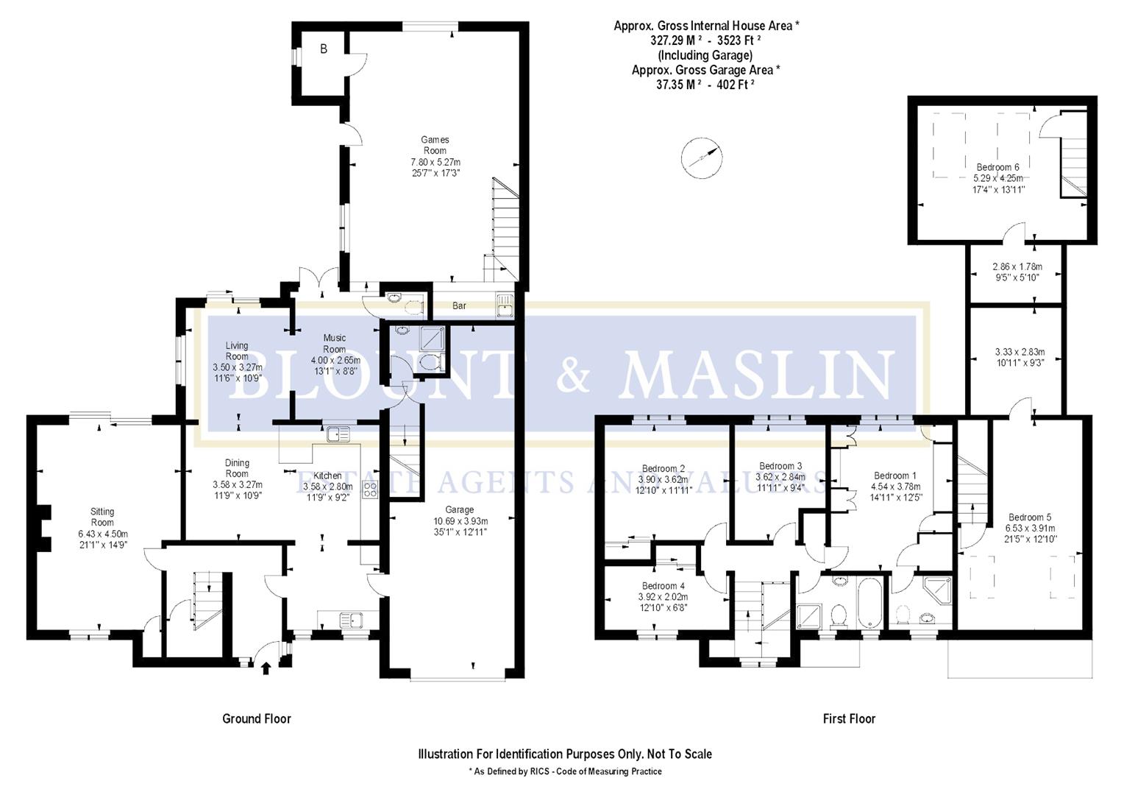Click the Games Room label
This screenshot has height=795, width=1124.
pos(435,145)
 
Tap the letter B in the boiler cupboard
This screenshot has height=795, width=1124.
pos(323,49)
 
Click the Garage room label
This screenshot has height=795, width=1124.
pos(459,509)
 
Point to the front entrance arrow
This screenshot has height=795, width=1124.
pos(266,668)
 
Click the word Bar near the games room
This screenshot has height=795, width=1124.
pos(459,305)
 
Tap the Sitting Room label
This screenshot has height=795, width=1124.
pos(102,517)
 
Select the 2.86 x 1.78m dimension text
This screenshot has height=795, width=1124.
pos(1017,266)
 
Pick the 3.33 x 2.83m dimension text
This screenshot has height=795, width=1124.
pos(1020,352)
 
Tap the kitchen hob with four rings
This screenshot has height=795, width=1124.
pos(369,490)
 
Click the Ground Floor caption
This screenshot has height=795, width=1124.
pos(257,718)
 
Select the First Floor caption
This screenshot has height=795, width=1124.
pos(849,718)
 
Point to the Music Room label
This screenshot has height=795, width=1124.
pos(335,344)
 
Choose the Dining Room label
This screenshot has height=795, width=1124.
pos(237,468)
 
